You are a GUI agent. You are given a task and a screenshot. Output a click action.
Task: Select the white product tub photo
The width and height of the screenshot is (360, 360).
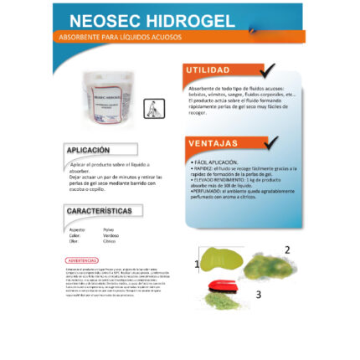[x=107, y=97]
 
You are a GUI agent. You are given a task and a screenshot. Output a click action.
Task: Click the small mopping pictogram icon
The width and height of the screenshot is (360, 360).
[x=150, y=108]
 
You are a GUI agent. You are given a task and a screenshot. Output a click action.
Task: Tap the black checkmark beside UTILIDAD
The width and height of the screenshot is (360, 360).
[x=267, y=70]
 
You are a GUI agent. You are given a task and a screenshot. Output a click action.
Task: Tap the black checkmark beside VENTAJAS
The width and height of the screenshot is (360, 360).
[x=271, y=143]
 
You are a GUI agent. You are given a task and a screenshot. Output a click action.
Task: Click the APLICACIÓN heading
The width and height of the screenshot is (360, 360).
[x=88, y=150]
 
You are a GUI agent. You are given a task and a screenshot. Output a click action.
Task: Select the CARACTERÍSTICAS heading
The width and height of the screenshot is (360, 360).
[x=99, y=211]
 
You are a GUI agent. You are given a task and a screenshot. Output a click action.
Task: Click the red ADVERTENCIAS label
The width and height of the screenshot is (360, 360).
[x=81, y=260]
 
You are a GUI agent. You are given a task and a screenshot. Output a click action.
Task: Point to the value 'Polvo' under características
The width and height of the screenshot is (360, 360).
[x=108, y=229]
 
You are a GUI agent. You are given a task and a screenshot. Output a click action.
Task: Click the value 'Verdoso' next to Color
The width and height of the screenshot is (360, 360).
[x=110, y=235]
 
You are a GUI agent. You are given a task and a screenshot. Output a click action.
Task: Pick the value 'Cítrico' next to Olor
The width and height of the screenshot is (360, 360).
[x=109, y=241]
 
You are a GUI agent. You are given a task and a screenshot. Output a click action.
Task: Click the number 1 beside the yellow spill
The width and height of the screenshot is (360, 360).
[x=197, y=264]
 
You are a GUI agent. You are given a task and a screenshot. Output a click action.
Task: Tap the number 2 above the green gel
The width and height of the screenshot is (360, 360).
[x=287, y=249]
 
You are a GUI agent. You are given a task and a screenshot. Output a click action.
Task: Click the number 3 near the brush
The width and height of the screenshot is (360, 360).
[x=259, y=295]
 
